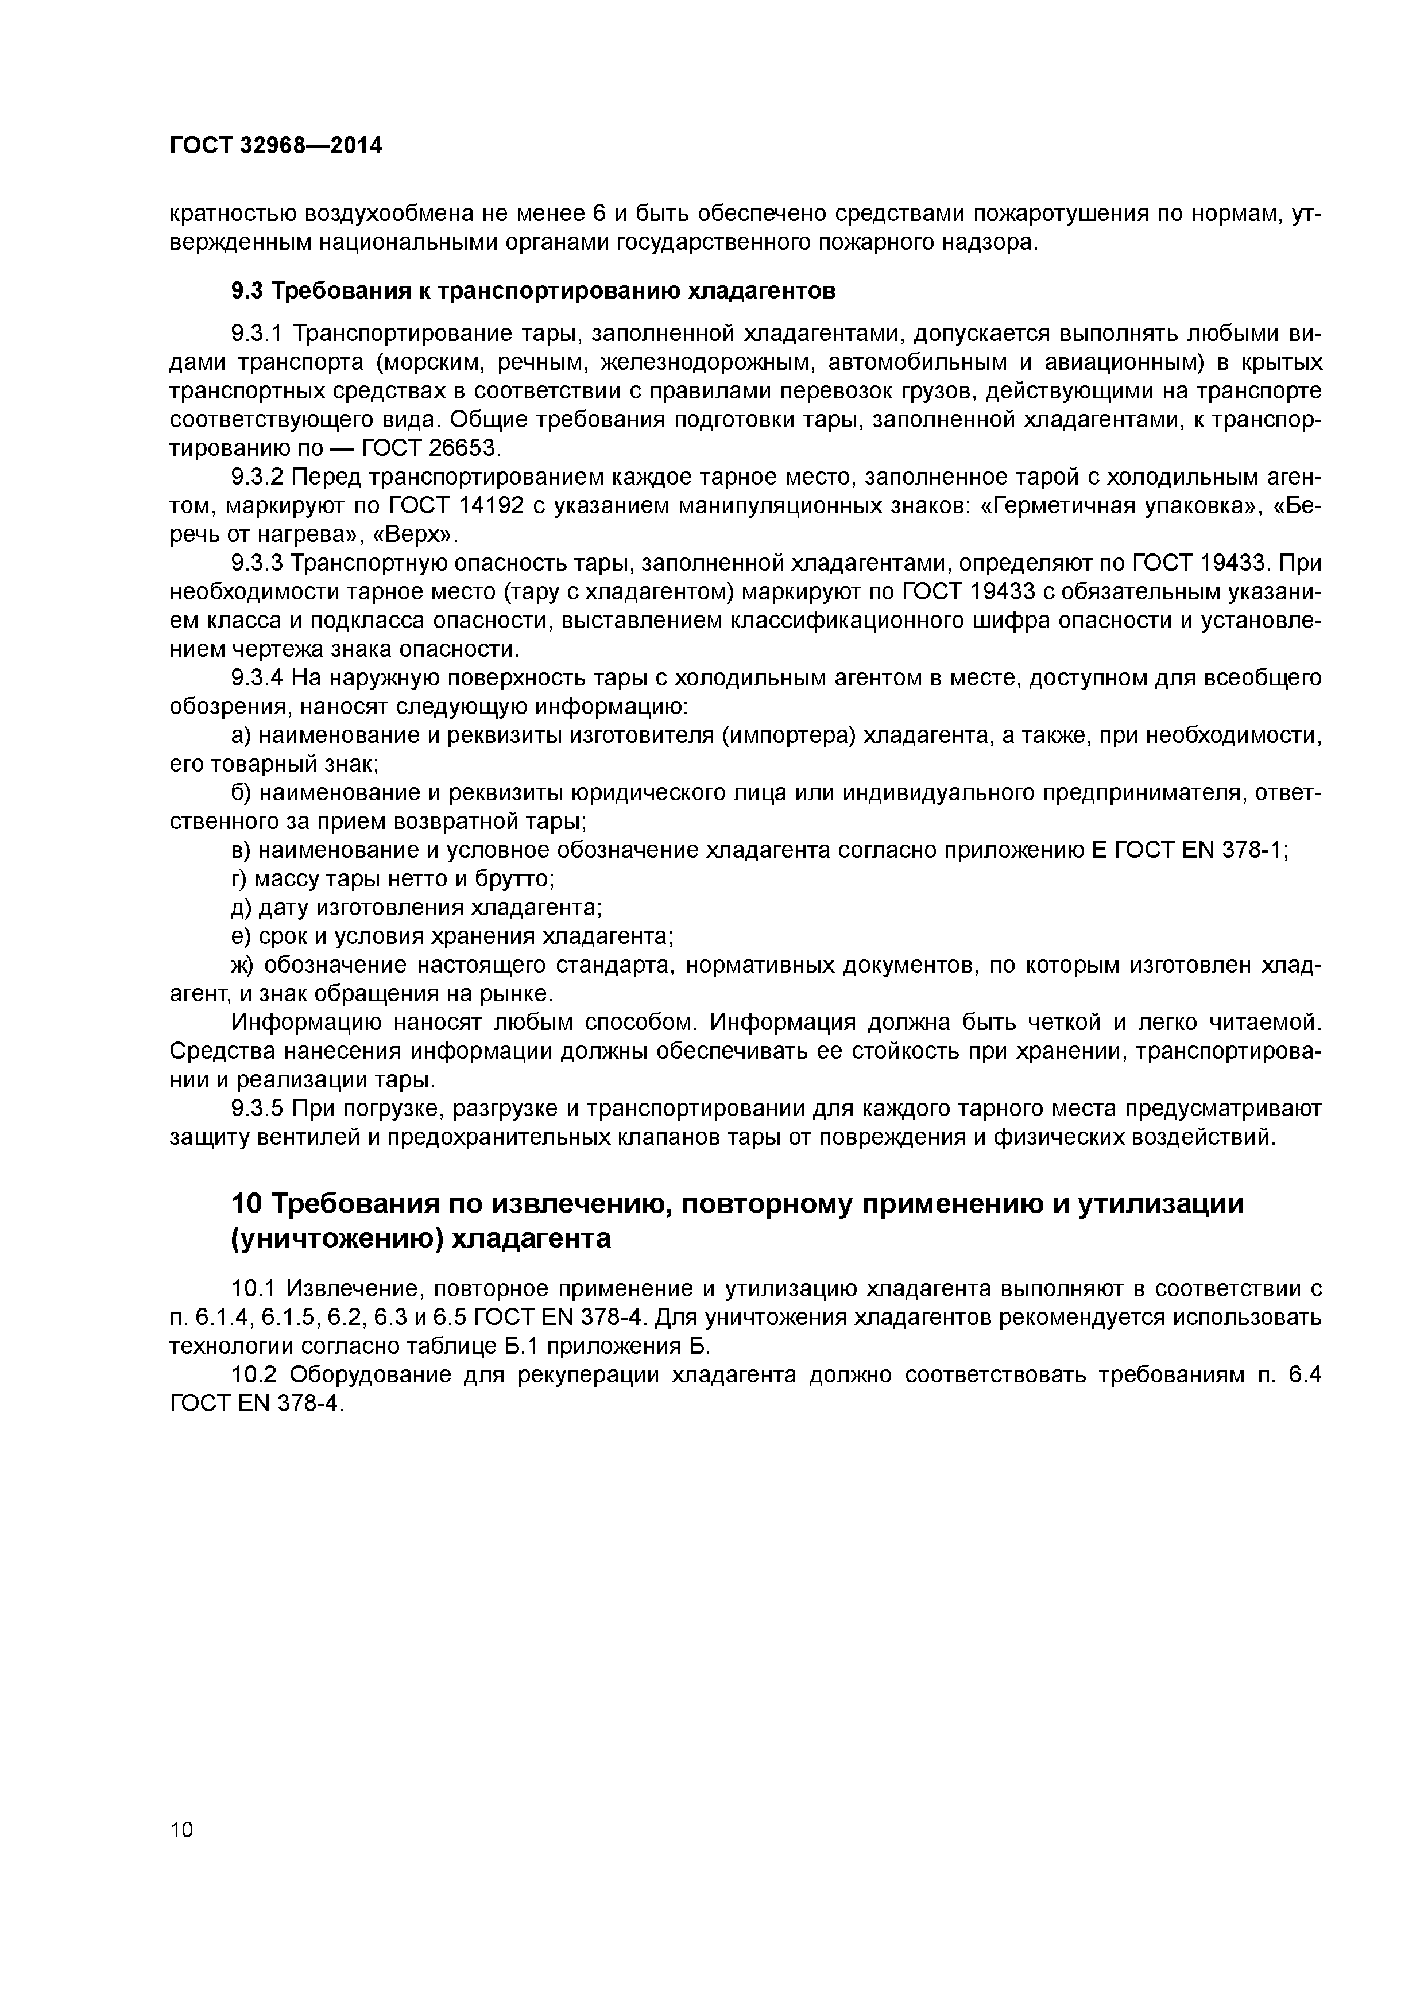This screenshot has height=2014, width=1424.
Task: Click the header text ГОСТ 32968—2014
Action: pos(276,146)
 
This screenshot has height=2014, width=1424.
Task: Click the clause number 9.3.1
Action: pos(257,334)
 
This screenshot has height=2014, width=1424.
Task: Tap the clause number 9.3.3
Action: pos(257,563)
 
